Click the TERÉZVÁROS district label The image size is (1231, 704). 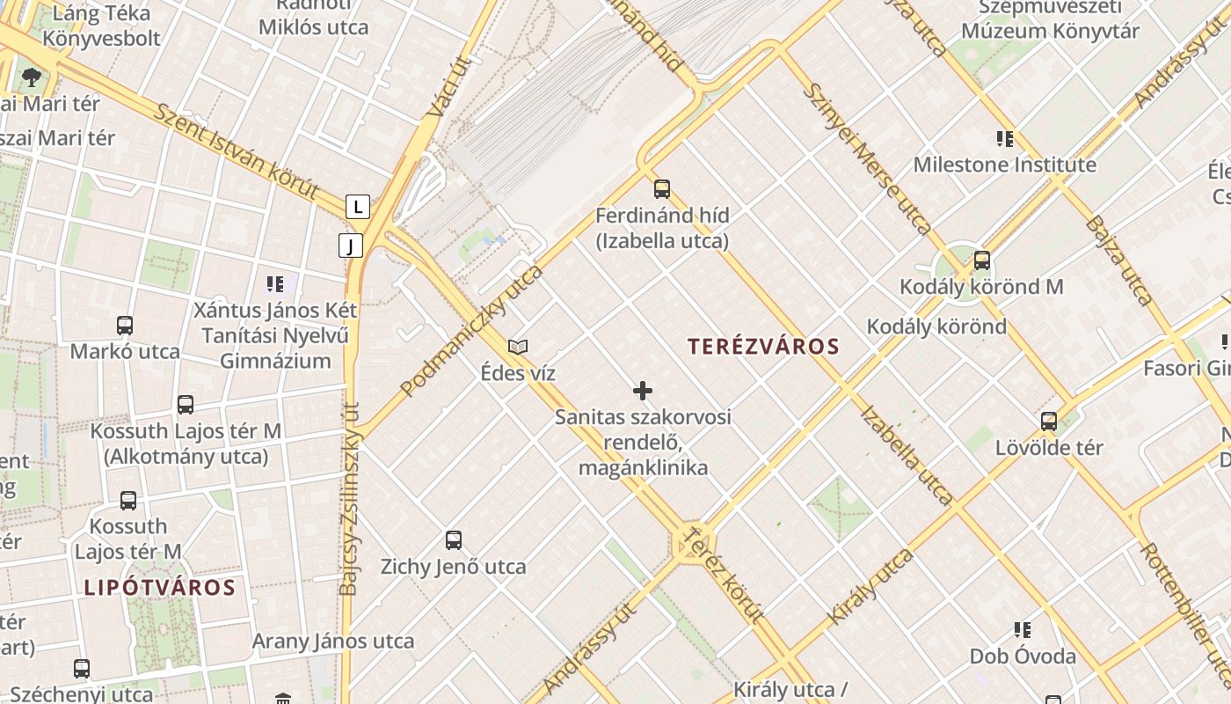pos(764,347)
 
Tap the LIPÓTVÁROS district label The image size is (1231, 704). pos(160,588)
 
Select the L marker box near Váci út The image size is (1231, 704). pos(357,207)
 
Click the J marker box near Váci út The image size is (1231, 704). pos(350,246)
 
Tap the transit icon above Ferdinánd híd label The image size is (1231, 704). pos(662,189)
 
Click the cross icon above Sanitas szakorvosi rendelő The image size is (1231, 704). pos(643,391)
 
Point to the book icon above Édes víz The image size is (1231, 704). pos(518,347)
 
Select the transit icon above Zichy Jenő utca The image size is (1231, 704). pos(454,540)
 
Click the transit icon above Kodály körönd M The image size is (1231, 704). pos(982,260)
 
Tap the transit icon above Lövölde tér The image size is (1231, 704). pos(1049,422)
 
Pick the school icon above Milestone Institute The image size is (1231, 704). pos(1005,139)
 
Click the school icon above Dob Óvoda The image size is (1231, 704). pos(1023,630)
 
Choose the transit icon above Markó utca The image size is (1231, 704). pos(125,326)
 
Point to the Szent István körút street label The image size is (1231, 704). pos(236,151)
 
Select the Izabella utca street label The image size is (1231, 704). pos(907,455)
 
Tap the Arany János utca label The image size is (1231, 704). pos(333,641)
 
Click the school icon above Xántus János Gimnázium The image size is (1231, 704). pos(275,284)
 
